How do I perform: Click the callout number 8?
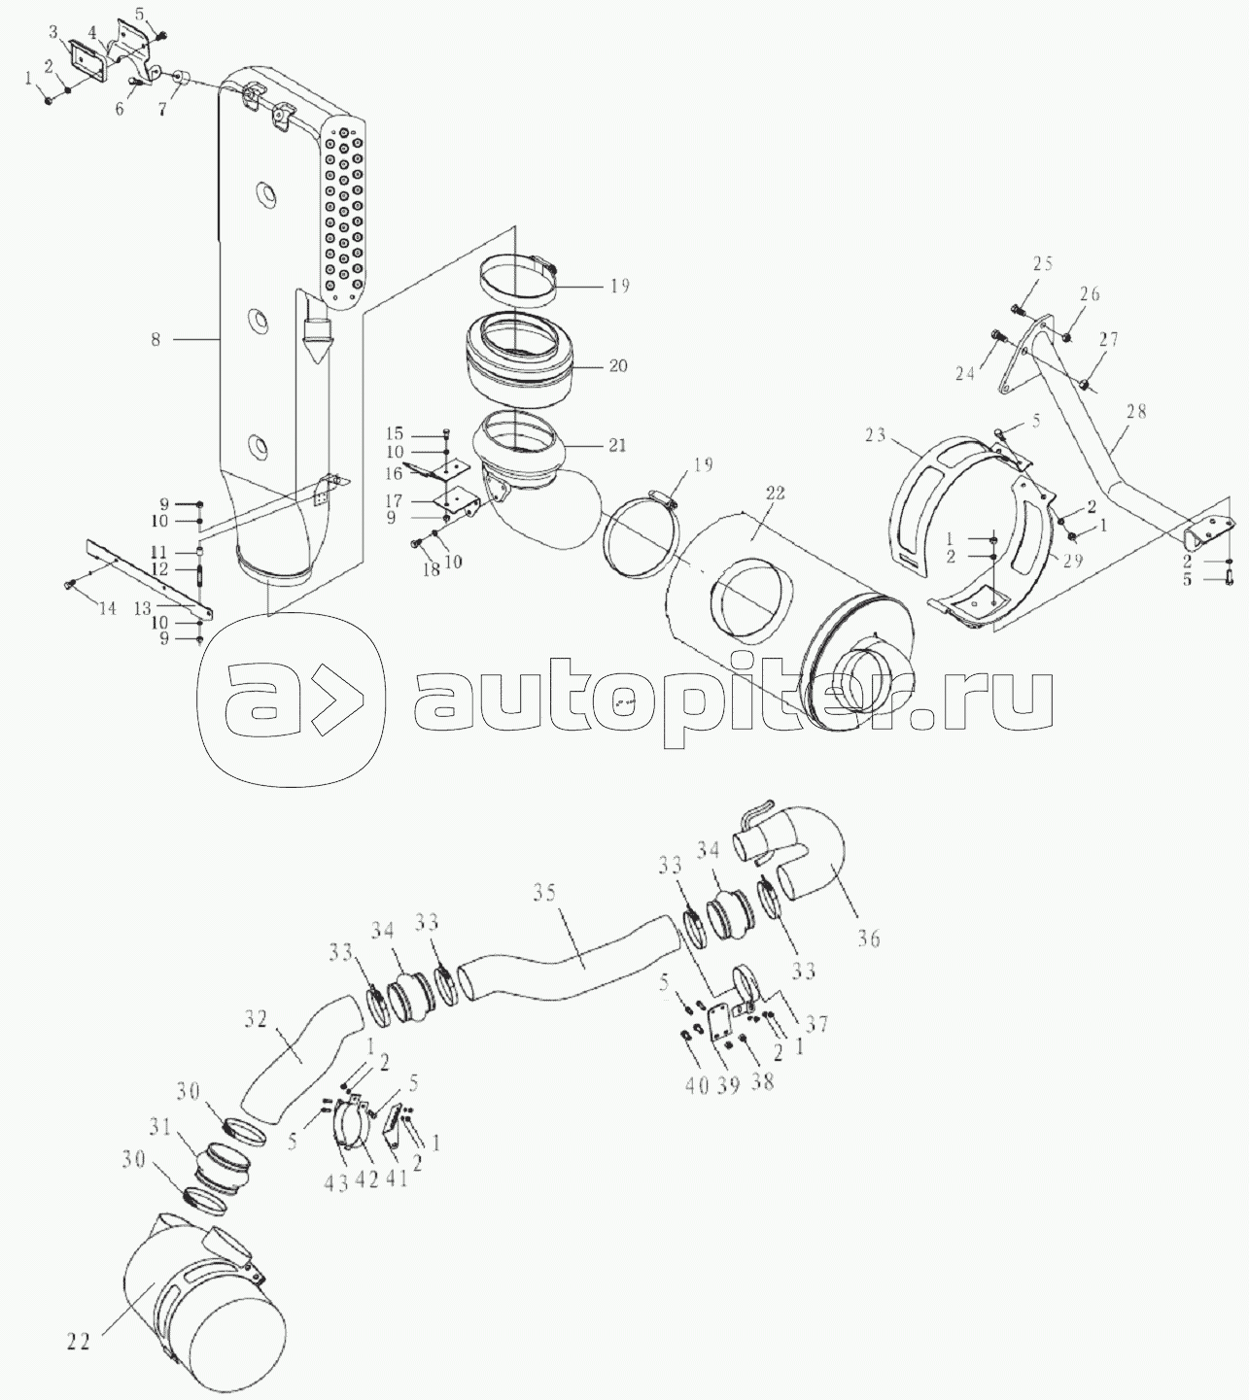pyautogui.click(x=156, y=339)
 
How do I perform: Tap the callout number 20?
pyautogui.click(x=618, y=365)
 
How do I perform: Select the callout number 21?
pyautogui.click(x=617, y=445)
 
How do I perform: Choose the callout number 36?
pyautogui.click(x=869, y=939)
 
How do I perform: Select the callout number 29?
pyautogui.click(x=1072, y=561)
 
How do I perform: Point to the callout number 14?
pyautogui.click(x=107, y=609)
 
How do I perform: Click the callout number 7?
pyautogui.click(x=161, y=109)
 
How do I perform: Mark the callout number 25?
pyautogui.click(x=1043, y=263)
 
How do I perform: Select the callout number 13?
pyautogui.click(x=142, y=608)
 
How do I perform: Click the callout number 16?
pyautogui.click(x=394, y=474)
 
